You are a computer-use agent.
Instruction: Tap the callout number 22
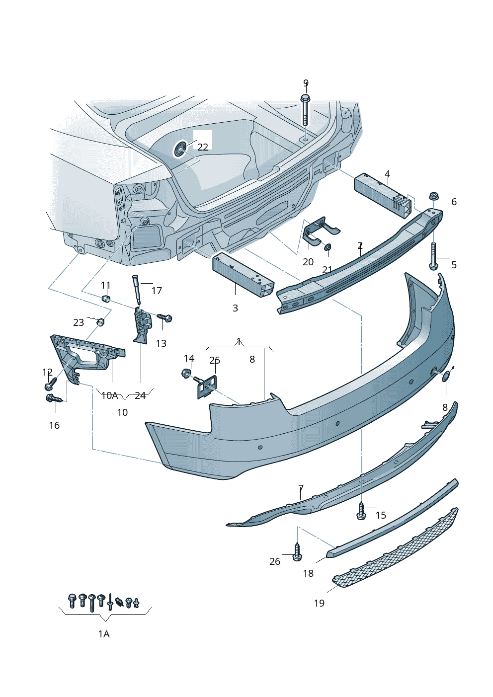[203, 147]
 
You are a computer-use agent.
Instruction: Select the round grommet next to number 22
[180, 149]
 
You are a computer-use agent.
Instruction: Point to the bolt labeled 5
[434, 256]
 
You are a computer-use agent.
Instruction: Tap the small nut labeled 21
[328, 247]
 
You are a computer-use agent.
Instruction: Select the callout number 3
[235, 308]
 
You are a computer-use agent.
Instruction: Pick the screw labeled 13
[164, 317]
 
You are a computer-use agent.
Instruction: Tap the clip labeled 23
[100, 322]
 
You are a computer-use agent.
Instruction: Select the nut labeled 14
[187, 373]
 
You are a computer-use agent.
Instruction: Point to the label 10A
[109, 395]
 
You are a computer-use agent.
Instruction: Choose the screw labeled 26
[297, 552]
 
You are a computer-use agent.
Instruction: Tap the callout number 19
[319, 603]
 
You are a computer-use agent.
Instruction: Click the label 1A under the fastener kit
[103, 634]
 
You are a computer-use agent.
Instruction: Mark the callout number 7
[301, 488]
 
